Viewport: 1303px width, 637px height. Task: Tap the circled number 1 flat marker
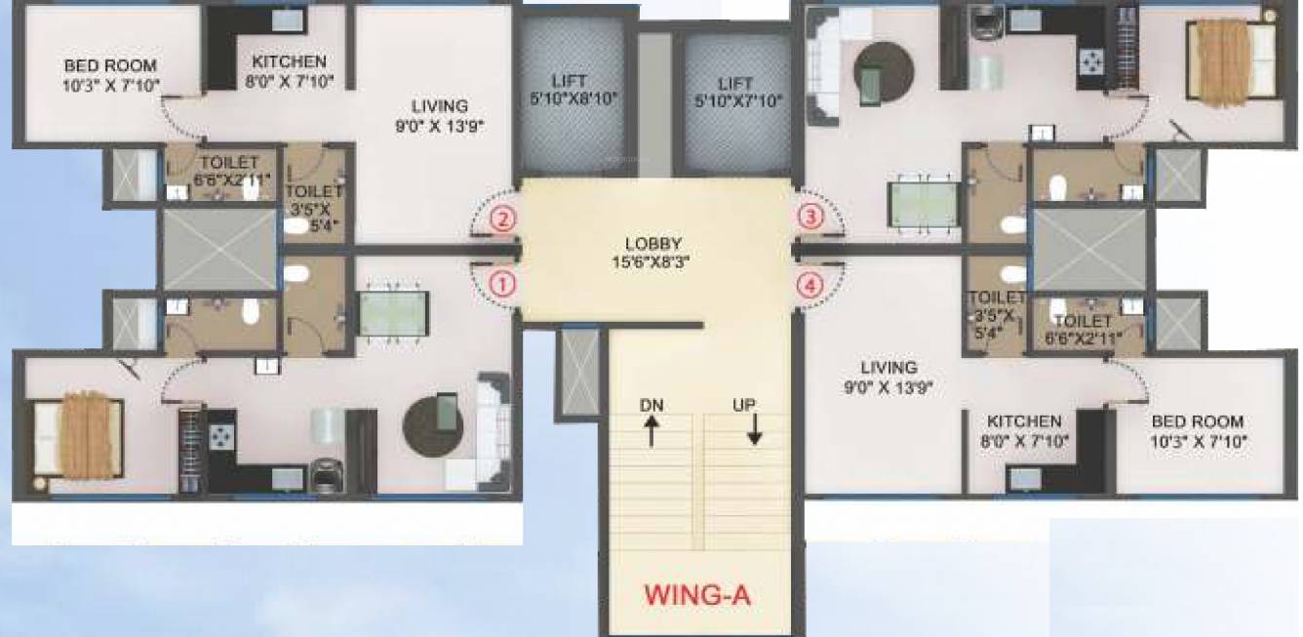coord(501,285)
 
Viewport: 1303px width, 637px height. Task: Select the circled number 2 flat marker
coord(501,219)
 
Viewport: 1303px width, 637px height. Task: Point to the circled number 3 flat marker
coord(810,217)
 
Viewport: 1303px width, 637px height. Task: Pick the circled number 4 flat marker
coord(810,285)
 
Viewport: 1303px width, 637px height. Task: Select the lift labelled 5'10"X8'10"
coord(572,90)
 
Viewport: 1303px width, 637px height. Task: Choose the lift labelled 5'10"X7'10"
coord(735,90)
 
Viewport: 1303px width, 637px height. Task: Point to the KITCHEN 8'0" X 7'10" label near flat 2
coord(289,71)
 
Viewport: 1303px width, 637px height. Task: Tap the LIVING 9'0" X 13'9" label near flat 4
coord(888,377)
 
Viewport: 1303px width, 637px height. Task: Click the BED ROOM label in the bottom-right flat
coord(1198,430)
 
